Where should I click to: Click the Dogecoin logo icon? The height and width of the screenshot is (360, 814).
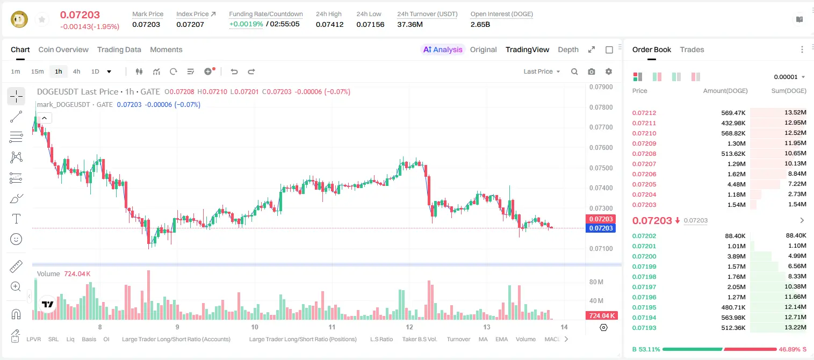[x=19, y=19]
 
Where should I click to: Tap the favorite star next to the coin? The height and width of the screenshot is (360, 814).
[x=42, y=19]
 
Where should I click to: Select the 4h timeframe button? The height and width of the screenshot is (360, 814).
[x=76, y=71]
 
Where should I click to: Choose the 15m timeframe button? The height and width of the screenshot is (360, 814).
[x=38, y=71]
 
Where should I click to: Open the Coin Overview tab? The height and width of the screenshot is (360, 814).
[x=63, y=49]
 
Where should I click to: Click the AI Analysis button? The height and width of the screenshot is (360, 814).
[x=443, y=49]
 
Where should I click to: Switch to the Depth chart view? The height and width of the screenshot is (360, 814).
[x=568, y=49]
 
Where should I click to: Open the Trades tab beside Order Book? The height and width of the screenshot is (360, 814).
[x=692, y=49]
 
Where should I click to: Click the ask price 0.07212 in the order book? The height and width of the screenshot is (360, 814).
[x=644, y=113]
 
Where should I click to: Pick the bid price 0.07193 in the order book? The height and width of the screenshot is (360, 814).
[x=644, y=328]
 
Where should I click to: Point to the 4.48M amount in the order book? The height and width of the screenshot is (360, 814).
[x=736, y=184]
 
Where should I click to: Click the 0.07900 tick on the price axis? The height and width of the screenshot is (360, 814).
[x=601, y=87]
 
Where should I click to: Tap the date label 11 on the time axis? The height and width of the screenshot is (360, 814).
[x=332, y=327]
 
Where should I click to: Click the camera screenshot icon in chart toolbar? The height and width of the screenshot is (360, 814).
[x=592, y=71]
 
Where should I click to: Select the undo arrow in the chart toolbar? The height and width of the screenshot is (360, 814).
[x=234, y=71]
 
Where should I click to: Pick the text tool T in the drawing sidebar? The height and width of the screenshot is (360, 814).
[x=16, y=219]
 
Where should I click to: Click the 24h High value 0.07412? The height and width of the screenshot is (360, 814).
[x=329, y=24]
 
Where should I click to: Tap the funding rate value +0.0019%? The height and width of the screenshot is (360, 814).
[x=246, y=24]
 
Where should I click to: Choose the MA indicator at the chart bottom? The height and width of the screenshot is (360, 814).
[x=483, y=339]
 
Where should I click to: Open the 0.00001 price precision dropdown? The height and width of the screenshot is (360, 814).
[x=789, y=77]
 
